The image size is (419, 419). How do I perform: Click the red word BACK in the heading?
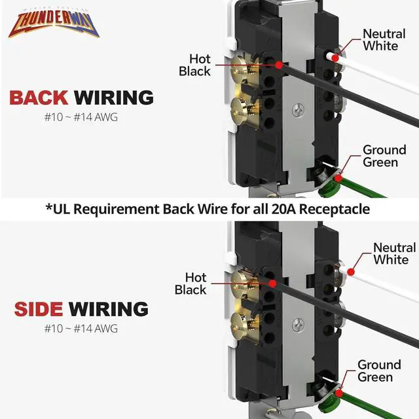pos(39,98)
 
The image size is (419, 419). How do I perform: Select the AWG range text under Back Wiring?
pos(81,118)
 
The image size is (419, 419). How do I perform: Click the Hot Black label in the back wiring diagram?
pos(194,65)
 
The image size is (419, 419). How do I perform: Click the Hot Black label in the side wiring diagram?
pos(191,283)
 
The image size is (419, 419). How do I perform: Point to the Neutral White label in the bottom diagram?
pos(394,253)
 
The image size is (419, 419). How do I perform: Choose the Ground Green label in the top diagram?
pos(384,156)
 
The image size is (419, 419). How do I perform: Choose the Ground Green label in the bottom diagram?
pos(379,371)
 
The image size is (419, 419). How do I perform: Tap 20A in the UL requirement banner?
pos(274,209)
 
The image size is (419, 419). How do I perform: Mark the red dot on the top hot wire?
pos(280,65)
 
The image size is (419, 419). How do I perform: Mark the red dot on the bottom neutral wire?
pos(352,270)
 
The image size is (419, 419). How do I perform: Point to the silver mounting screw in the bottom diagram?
pos(299,323)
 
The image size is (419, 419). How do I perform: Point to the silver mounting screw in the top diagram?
pos(299,108)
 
